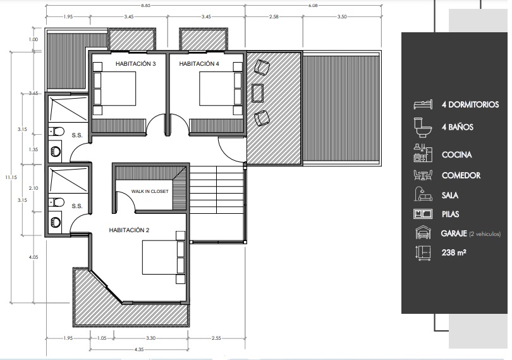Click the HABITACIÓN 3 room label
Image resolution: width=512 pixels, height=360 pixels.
click(135, 64)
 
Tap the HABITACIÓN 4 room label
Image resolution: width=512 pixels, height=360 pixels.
click(199, 64)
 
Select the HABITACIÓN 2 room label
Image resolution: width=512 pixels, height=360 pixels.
click(129, 230)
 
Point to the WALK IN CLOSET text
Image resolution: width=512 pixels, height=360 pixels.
click(150, 191)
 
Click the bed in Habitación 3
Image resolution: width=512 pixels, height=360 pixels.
click(114, 89)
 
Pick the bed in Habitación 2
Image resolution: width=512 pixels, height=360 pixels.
click(164, 258)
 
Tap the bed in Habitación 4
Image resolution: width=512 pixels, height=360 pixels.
click(221, 89)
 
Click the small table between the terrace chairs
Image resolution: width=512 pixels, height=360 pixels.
click(258, 93)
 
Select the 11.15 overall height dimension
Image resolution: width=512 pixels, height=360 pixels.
click(11, 177)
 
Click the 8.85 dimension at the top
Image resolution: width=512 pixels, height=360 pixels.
click(145, 6)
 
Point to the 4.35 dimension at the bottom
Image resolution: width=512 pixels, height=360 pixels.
click(139, 349)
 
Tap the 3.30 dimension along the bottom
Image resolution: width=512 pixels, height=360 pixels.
click(150, 338)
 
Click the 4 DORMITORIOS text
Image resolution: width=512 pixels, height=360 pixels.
click(470, 104)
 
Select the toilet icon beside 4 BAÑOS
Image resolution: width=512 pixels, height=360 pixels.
click(423, 127)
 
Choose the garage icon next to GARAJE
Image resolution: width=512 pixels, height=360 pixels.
click(423, 233)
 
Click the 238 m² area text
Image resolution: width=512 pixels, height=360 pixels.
click(454, 252)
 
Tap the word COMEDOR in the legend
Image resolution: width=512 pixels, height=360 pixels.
click(461, 176)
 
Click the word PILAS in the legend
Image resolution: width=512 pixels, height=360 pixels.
click(450, 214)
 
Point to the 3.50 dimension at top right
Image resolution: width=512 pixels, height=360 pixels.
click(342, 16)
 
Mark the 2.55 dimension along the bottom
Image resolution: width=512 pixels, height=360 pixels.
click(216, 338)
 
